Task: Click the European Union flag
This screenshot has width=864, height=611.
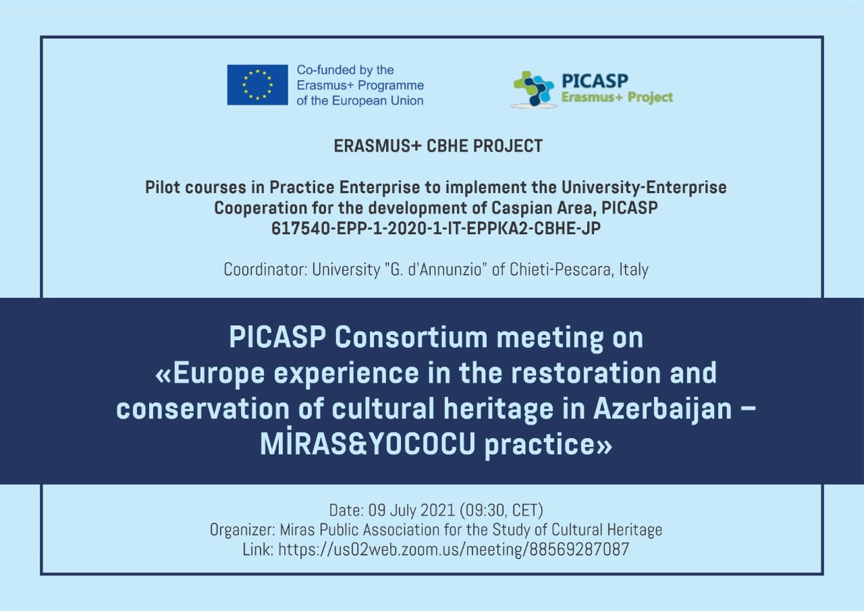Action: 257,85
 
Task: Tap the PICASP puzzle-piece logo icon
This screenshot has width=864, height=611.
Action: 533,88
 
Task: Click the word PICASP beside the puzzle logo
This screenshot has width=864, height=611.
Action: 595,81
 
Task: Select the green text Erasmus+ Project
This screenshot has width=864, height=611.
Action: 617,98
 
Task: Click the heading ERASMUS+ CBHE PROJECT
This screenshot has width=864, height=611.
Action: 438,146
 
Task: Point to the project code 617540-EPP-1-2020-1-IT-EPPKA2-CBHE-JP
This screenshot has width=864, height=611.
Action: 436,228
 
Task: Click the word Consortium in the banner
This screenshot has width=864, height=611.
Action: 411,337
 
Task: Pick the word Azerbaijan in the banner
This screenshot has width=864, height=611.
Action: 662,409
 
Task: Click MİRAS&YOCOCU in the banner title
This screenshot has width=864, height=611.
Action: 368,444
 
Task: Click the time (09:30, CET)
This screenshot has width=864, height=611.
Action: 502,510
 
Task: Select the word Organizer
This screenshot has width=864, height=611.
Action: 242,530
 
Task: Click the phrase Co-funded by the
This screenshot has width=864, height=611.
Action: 345,70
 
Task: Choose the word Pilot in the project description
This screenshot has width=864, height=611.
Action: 163,188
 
